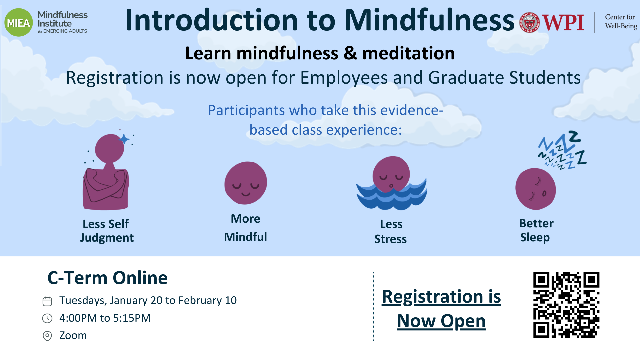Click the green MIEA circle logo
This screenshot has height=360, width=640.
[x=19, y=23]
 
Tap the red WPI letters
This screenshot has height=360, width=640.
[x=563, y=23]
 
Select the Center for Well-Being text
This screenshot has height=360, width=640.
[x=621, y=21]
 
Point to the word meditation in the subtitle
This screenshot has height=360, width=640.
[x=408, y=53]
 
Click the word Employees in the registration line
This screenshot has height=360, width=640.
[x=344, y=78]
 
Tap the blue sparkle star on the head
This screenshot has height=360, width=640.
[x=124, y=139]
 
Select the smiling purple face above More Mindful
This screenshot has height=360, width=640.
[x=246, y=183]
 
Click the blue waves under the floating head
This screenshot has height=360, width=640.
[x=392, y=195]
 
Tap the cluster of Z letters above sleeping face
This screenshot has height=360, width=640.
[x=562, y=150]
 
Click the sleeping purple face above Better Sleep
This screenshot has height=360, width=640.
[x=535, y=189]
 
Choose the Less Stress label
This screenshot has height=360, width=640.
[x=391, y=231]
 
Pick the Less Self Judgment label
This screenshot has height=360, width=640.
[x=107, y=231]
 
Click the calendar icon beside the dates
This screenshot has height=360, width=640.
[x=47, y=301]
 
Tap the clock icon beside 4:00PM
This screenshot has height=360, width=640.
[x=47, y=318]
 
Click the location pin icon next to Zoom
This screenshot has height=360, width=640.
[x=47, y=336]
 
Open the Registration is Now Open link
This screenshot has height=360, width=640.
[x=441, y=309]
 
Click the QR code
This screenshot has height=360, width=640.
[x=566, y=305]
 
